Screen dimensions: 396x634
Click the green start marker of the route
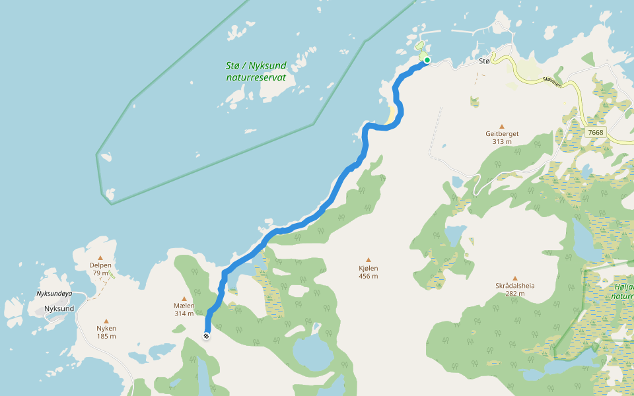coord(427,60)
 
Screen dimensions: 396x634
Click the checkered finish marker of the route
coord(206,337)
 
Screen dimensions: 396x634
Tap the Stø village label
coord(484,61)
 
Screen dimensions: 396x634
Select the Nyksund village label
coord(59,308)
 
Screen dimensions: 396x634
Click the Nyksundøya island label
coord(54,293)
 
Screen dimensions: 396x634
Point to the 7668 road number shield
coord(595,132)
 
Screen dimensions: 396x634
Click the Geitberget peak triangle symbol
coord(501,126)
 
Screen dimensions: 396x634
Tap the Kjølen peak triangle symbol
coord(369,259)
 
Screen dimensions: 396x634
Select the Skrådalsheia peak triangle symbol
coord(515,278)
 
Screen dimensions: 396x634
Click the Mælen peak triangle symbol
coord(184,298)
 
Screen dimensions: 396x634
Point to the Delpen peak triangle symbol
coord(100,258)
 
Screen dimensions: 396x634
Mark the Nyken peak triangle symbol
coord(106,321)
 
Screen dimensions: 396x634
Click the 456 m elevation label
coord(369,277)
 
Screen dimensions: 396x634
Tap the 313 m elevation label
coord(502,141)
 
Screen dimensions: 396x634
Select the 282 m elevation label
coord(515,294)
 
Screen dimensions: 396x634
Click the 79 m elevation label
coord(100,273)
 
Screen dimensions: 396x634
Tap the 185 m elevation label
coord(106,336)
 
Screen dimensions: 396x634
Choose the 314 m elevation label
coord(184,313)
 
